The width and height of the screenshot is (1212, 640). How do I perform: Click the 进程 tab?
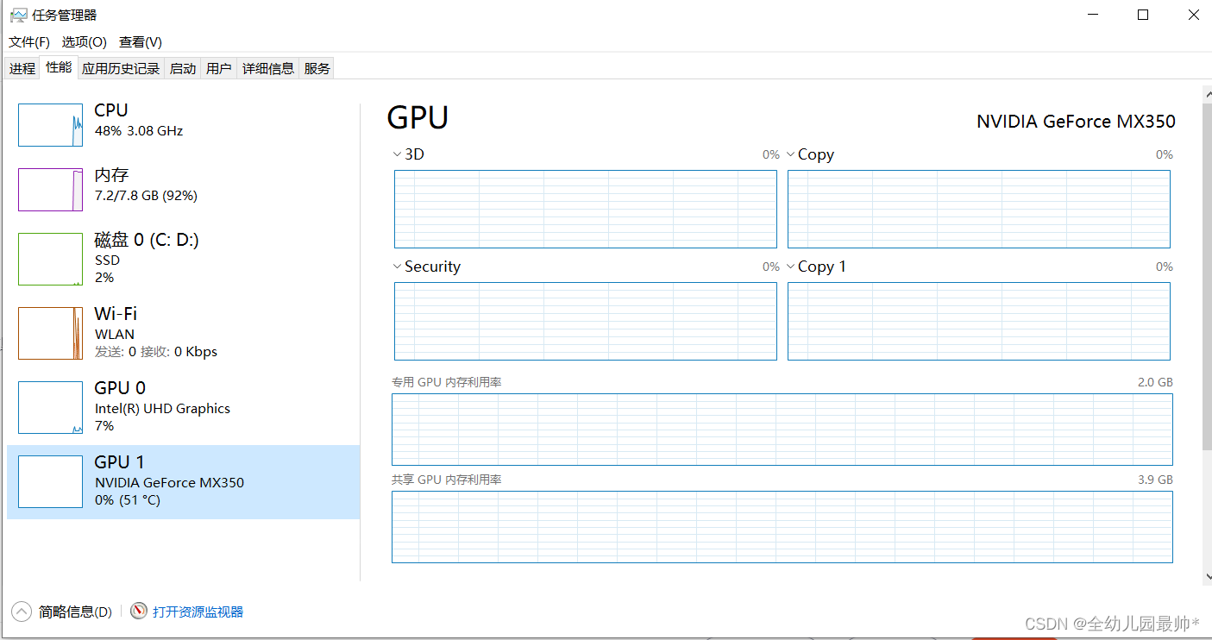(x=22, y=68)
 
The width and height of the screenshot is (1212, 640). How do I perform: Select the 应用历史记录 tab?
(x=121, y=68)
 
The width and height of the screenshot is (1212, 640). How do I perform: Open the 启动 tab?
(x=183, y=68)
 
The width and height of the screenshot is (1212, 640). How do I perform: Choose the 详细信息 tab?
(x=267, y=68)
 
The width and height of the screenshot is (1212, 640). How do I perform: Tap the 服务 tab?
(x=317, y=68)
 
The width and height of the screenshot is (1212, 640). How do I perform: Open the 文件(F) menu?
(x=29, y=42)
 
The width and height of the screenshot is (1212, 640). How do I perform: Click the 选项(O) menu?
(x=84, y=42)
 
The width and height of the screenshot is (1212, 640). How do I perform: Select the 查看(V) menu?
(x=140, y=42)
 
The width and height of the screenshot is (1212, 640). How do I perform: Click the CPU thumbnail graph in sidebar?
(x=51, y=125)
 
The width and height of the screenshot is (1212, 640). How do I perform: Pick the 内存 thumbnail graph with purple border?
(x=51, y=190)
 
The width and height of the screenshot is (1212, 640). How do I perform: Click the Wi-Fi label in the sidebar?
(x=116, y=313)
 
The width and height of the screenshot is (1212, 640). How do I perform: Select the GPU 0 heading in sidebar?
(x=120, y=388)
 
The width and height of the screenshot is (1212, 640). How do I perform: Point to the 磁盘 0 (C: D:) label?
(x=147, y=240)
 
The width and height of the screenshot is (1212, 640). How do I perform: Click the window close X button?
(x=1193, y=15)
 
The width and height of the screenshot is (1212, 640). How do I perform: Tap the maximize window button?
(x=1143, y=15)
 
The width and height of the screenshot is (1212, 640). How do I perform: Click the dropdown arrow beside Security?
(x=397, y=267)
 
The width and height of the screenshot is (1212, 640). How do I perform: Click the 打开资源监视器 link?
(x=198, y=612)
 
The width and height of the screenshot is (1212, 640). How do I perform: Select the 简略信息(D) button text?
(x=75, y=612)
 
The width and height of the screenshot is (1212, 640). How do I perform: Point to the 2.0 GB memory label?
(x=1155, y=382)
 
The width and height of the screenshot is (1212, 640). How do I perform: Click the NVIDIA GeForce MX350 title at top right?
(x=1076, y=122)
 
